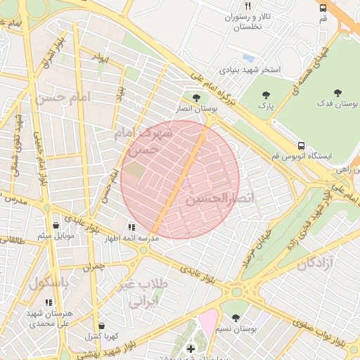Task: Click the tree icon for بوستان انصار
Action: point(195,97)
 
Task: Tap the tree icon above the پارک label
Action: point(265,94)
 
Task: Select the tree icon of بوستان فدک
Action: point(337,92)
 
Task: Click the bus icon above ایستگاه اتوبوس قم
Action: point(301,145)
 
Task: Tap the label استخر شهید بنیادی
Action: point(250,70)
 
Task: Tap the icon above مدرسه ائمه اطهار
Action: point(131,227)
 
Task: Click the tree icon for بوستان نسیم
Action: point(235,319)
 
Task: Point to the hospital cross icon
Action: point(191,348)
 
